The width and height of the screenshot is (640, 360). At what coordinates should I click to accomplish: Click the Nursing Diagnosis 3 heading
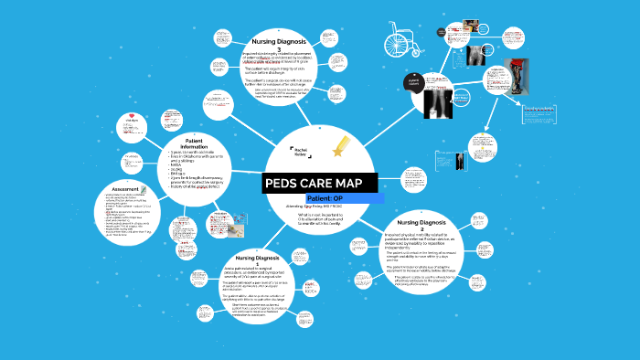[x=285, y=43]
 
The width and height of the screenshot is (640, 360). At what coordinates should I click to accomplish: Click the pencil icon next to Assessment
[x=144, y=190]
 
